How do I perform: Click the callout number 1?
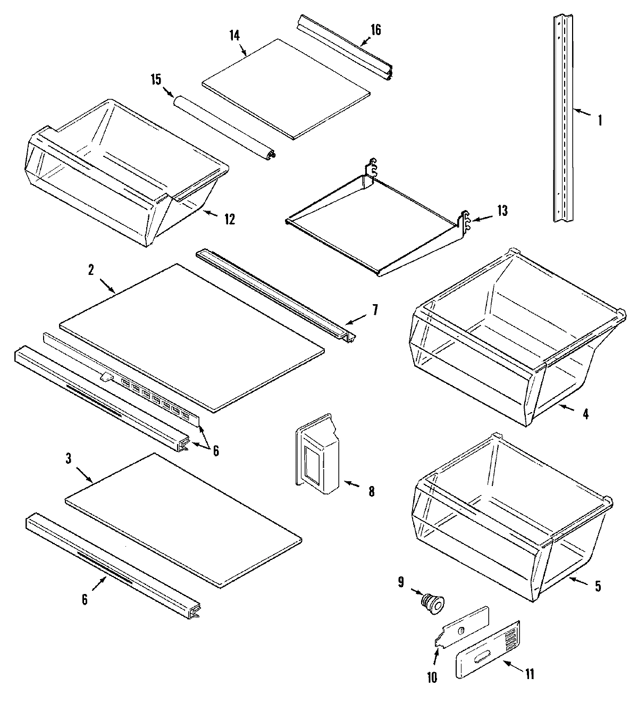pyautogui.click(x=600, y=120)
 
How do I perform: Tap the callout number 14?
pyautogui.click(x=234, y=36)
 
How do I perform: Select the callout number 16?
pyautogui.click(x=375, y=29)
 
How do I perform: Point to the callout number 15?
pyautogui.click(x=155, y=80)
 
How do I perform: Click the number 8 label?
pyautogui.click(x=371, y=491)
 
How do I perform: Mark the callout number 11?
pyautogui.click(x=530, y=674)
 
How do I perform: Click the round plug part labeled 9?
pyautogui.click(x=433, y=605)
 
